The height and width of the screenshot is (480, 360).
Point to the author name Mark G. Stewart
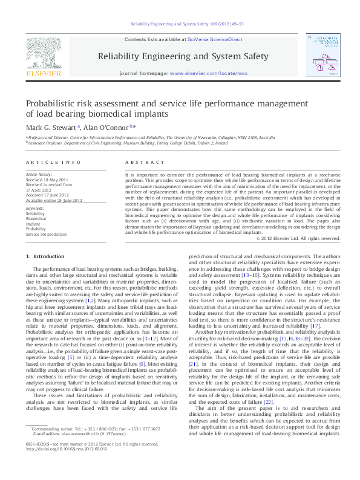click(51, 128)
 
